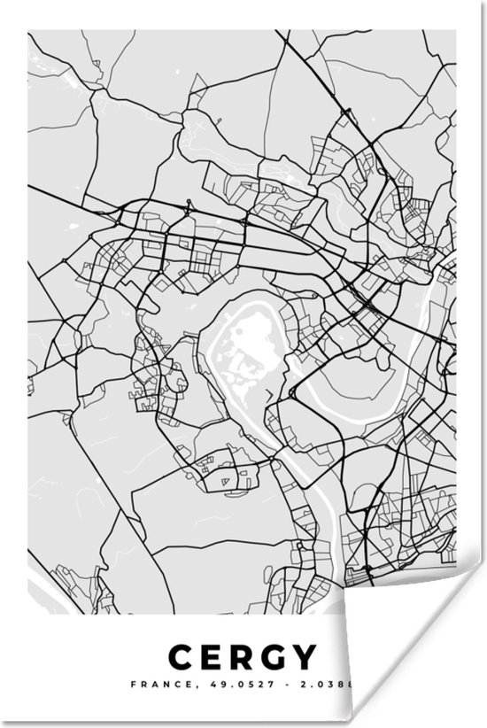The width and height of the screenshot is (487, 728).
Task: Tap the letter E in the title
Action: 212,657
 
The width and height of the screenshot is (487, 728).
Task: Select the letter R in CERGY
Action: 243,657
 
